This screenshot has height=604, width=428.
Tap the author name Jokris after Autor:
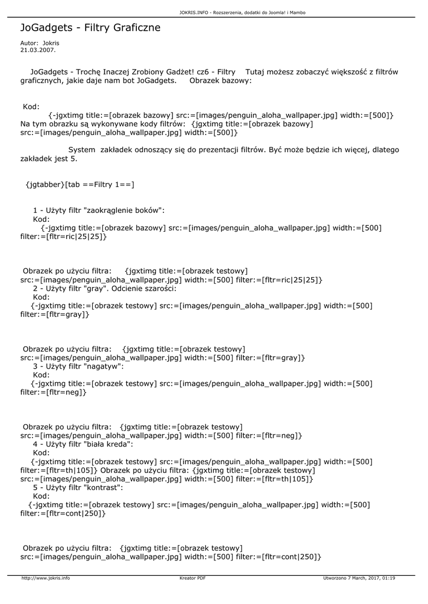pos(51,43)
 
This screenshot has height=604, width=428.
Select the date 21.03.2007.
pos(38,50)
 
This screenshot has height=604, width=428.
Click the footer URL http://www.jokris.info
pos(45,578)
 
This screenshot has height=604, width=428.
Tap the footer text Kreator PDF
pos(192,578)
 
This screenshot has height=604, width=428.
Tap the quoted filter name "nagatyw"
pos(103,366)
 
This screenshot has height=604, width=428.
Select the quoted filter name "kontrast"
pos(103,488)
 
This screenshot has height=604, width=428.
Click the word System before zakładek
pos(81,150)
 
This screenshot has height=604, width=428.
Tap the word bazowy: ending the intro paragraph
pos(236,80)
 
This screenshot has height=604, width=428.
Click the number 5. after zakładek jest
pos(73,159)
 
